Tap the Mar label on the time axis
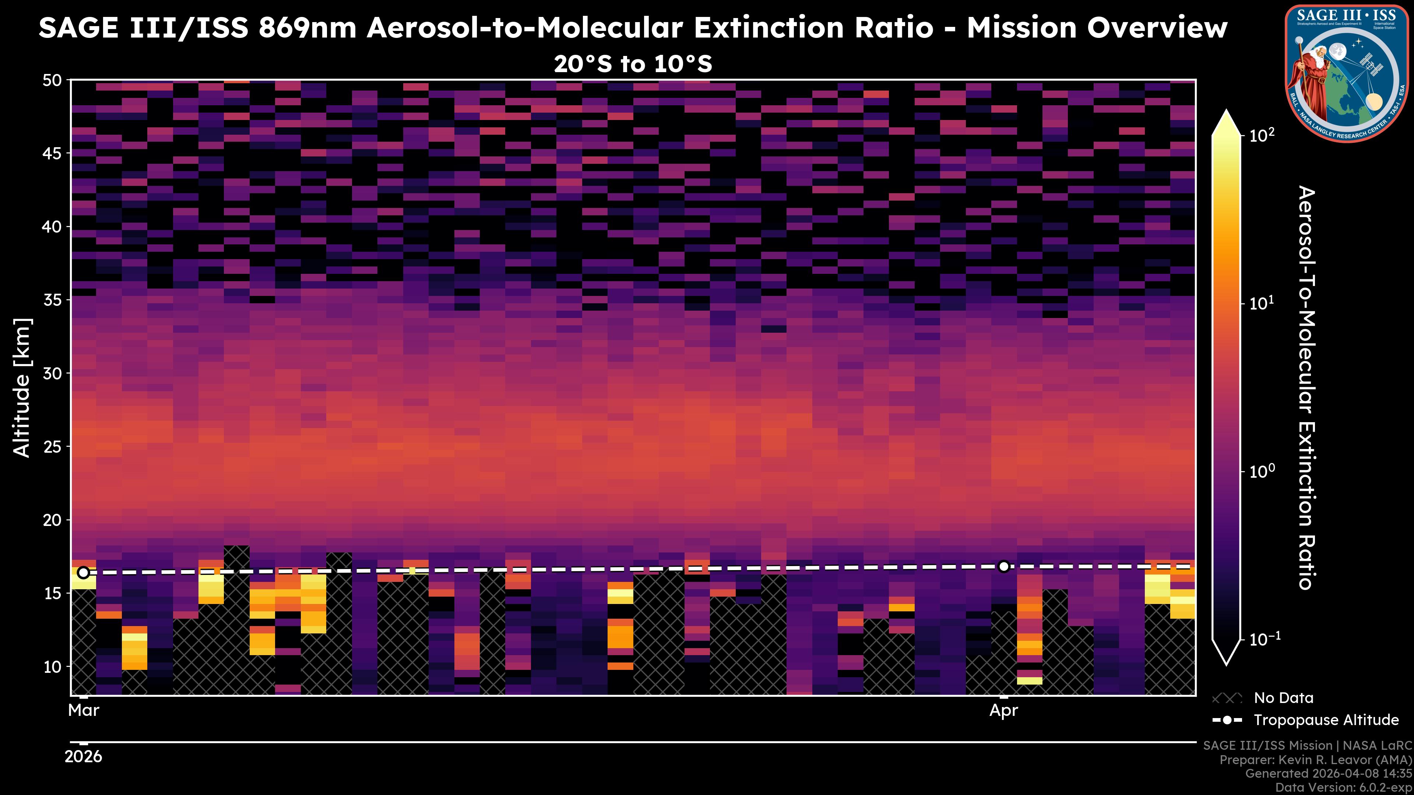click(84, 710)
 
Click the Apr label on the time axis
click(1003, 710)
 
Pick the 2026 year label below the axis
click(84, 757)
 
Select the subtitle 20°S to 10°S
click(633, 64)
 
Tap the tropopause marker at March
click(84, 573)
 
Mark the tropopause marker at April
click(1003, 566)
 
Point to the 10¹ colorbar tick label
click(1262, 303)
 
